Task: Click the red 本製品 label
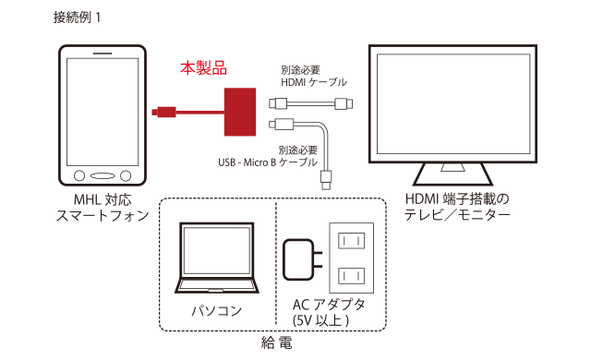[x=203, y=68]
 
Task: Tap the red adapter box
[x=240, y=112]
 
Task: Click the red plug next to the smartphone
[x=164, y=112]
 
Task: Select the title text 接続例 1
[x=77, y=18]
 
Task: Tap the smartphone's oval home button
[x=103, y=175]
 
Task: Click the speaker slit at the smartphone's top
[x=103, y=54]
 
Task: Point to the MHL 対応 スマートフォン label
[x=103, y=208]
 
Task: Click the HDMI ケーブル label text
[x=314, y=82]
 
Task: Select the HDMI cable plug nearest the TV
[x=344, y=103]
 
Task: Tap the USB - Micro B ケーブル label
[x=268, y=162]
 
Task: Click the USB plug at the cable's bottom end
[x=326, y=180]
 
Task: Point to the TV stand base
[x=452, y=174]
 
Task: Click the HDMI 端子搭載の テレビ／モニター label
[x=457, y=207]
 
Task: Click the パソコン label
[x=217, y=311]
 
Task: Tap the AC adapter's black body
[x=298, y=259]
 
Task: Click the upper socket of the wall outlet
[x=351, y=241]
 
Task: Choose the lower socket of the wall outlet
[x=351, y=276]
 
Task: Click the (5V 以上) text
[x=320, y=320]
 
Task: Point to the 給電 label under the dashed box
[x=276, y=343]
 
